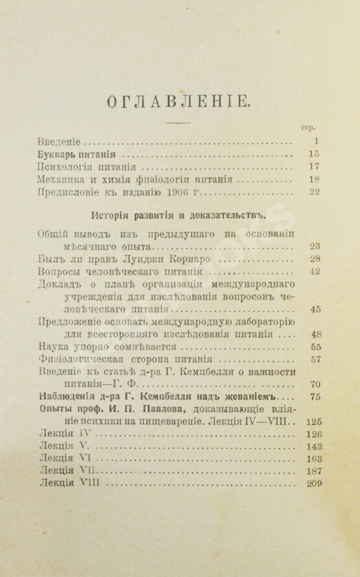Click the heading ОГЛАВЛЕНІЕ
point(178,101)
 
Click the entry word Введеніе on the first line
point(59,141)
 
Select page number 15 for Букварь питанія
point(315,154)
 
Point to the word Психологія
point(66,167)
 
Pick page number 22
point(315,192)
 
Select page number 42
point(315,272)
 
